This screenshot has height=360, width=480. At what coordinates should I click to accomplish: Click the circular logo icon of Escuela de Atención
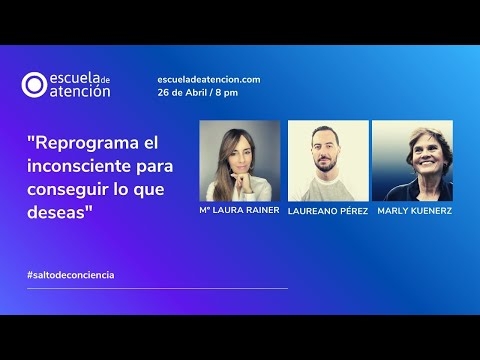[x=35, y=85]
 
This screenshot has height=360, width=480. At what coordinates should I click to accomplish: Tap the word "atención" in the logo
[x=81, y=92]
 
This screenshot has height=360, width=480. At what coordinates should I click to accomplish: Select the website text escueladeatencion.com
[x=209, y=79]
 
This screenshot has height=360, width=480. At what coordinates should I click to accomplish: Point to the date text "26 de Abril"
[x=184, y=92]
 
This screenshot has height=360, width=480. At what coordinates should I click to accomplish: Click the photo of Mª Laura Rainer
[x=240, y=161]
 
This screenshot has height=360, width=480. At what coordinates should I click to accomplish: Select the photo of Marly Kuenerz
[x=412, y=161]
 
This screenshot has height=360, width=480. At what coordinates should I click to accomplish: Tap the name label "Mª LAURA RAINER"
[x=240, y=210]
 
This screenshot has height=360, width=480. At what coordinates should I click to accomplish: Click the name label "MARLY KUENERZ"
[x=413, y=212]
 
